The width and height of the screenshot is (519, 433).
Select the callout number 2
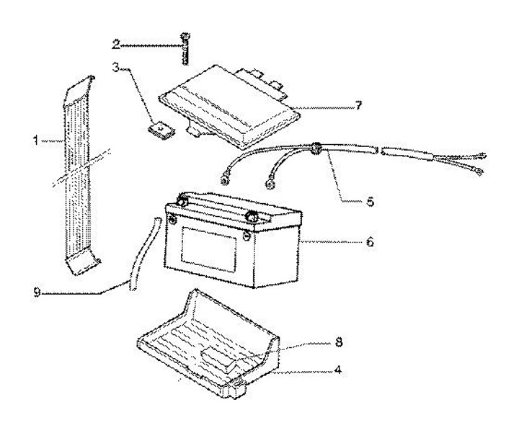116,45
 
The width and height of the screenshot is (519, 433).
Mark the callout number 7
358,107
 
